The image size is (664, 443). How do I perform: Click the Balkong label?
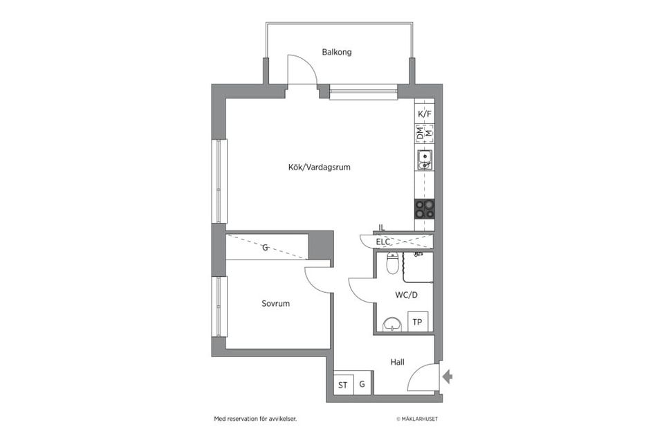coord(337,52)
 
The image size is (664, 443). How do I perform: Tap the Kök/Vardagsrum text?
coord(320,167)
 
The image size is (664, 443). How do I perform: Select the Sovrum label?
coord(276,304)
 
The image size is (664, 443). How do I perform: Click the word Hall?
coord(397,362)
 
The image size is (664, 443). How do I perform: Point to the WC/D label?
coord(406,295)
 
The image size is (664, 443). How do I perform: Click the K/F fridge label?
coord(425,114)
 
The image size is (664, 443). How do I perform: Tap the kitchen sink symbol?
coord(424,160)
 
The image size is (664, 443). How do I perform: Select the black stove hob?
coord(424,209)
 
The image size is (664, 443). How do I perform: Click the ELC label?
coord(382,242)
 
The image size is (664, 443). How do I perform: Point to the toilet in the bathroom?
coord(393,263)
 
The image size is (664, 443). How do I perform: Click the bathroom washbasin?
coord(393,325)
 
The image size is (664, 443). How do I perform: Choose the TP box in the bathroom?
coord(418,322)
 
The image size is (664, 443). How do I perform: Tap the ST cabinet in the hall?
coord(343,384)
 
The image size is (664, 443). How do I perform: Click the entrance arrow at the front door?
coord(448,377)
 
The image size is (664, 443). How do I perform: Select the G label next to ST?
coord(362,384)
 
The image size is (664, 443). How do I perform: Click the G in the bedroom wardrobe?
coord(265,248)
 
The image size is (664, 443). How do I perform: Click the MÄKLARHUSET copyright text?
coord(417,419)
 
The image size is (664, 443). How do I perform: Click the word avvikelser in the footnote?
coord(283,419)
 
